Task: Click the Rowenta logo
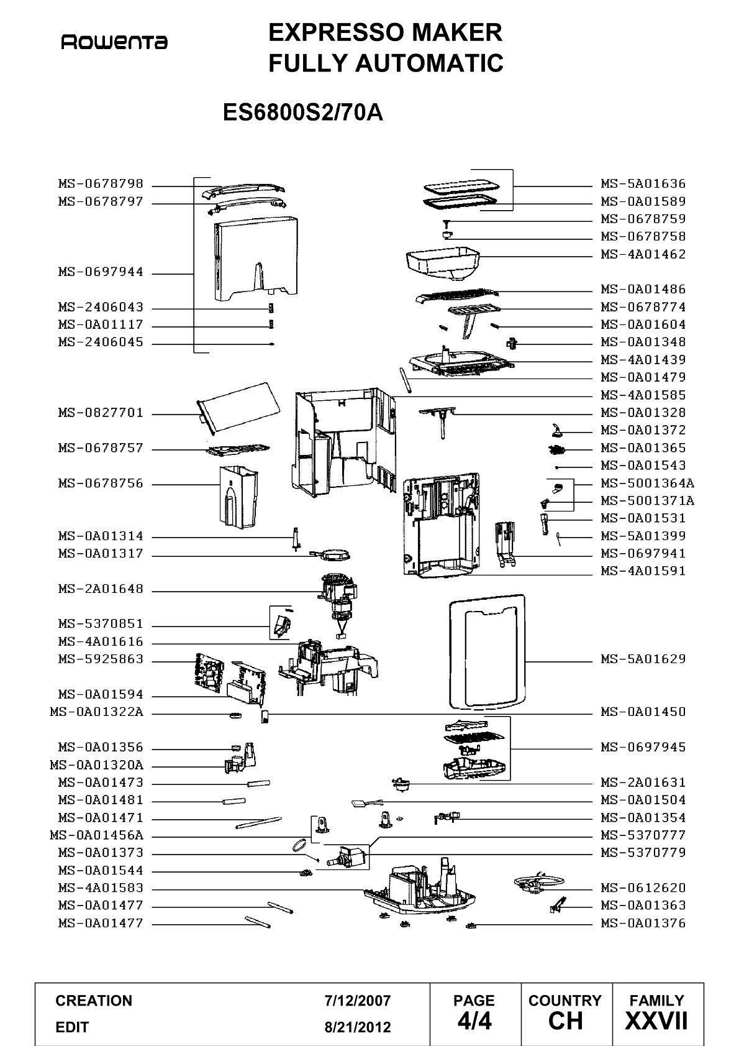(x=114, y=43)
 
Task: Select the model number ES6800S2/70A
(x=303, y=112)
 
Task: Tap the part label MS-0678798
(x=101, y=183)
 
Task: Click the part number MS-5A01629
(x=643, y=659)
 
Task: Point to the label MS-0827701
(x=101, y=412)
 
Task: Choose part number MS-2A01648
(x=101, y=589)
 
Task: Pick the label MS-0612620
(x=643, y=888)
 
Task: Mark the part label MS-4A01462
(x=643, y=254)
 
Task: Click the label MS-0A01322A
(x=97, y=712)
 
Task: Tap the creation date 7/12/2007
(x=357, y=1001)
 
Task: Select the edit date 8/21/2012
(x=357, y=1027)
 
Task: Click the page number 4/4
(x=474, y=1021)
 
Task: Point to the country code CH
(x=565, y=1021)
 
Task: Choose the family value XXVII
(x=656, y=1021)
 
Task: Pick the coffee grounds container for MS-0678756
(x=238, y=497)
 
